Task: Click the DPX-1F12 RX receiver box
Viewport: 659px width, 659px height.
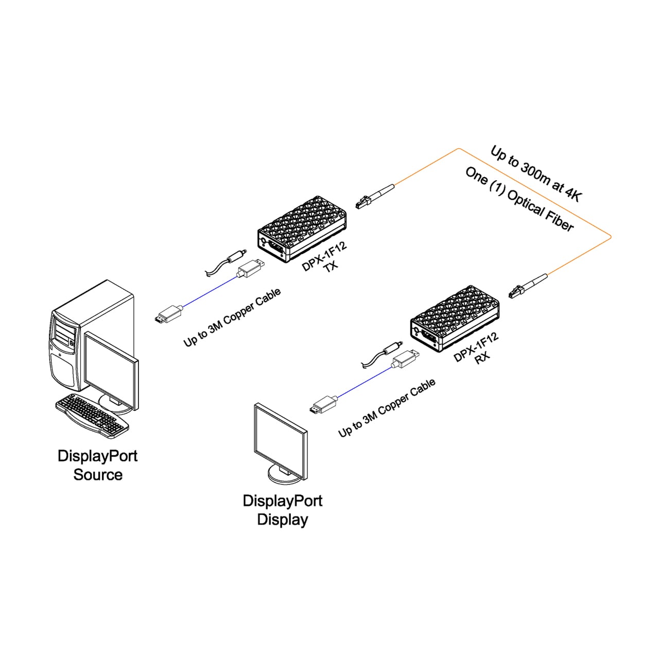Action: point(455,318)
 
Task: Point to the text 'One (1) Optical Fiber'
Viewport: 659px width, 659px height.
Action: point(519,199)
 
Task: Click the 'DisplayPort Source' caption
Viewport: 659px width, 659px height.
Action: point(97,465)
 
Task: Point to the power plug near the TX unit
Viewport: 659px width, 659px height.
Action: point(227,262)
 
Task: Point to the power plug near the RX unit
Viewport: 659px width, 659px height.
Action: point(381,354)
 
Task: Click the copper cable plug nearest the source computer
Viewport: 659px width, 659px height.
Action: point(168,314)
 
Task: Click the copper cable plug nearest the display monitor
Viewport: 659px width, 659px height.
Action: point(323,405)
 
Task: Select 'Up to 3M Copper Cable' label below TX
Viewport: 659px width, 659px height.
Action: point(232,317)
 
